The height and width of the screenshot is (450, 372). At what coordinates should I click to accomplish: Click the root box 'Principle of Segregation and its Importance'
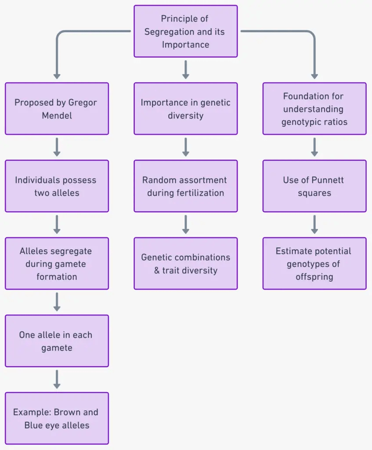tap(185, 31)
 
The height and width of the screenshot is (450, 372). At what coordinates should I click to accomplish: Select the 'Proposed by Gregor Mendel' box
tap(57, 109)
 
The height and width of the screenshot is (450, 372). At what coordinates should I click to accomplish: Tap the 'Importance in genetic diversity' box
tap(185, 109)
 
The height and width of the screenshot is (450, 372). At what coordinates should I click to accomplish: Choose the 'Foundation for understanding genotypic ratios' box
tap(314, 109)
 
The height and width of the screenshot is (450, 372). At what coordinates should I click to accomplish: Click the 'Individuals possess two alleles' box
tap(57, 186)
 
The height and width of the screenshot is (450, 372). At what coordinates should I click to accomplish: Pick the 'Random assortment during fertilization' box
tap(185, 186)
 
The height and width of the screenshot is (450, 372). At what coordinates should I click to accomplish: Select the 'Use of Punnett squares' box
tap(314, 186)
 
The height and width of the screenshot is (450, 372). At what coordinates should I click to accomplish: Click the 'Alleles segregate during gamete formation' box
tap(57, 263)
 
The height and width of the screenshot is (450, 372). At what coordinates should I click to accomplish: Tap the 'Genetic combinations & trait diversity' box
tap(185, 263)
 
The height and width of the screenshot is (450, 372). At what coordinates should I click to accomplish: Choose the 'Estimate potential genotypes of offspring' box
tap(314, 263)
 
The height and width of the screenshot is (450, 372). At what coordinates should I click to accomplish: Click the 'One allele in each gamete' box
tap(57, 341)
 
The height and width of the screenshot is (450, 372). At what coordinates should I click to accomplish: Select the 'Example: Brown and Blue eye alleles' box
tap(57, 418)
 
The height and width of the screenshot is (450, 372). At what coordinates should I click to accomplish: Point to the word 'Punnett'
tap(329, 180)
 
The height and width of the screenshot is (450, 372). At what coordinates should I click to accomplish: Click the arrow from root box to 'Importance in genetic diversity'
tap(185, 69)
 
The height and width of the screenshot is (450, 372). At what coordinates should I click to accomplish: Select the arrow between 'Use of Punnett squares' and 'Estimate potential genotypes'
tap(314, 224)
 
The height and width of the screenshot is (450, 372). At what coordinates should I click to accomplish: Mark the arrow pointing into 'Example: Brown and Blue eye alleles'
tap(57, 379)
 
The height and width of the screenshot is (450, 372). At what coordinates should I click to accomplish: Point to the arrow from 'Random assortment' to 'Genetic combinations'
tap(185, 224)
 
